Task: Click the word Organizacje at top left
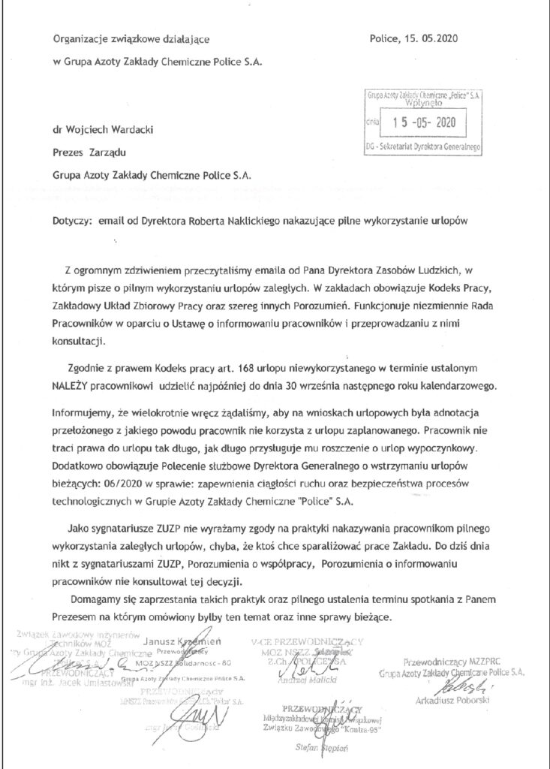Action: [x=83, y=40]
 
